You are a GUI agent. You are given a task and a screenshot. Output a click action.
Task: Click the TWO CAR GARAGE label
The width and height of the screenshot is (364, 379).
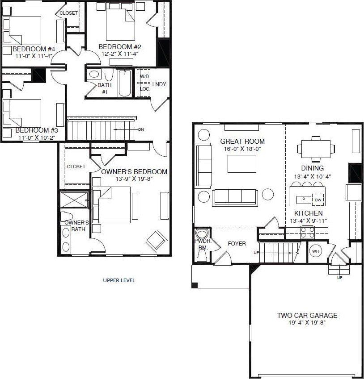(x=307, y=315)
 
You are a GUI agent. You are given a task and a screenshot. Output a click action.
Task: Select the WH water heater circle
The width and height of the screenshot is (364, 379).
(x=315, y=251)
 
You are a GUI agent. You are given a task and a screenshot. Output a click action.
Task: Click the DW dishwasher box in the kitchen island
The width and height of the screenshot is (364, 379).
(x=318, y=200)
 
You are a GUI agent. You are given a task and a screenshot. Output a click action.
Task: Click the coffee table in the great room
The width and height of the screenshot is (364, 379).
(x=241, y=164)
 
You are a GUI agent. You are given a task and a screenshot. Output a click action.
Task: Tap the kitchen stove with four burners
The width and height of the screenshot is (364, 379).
(x=307, y=232)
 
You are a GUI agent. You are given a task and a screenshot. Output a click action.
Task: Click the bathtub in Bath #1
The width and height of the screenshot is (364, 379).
(x=125, y=83)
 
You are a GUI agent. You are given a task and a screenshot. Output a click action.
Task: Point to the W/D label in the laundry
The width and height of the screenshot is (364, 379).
(x=144, y=77)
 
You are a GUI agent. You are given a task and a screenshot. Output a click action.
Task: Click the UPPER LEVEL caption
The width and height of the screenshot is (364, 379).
(x=119, y=280)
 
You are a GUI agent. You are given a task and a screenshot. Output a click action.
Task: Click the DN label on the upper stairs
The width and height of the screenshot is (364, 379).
(x=141, y=129)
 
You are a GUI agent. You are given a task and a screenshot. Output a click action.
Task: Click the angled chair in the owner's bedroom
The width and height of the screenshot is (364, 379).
(x=156, y=240)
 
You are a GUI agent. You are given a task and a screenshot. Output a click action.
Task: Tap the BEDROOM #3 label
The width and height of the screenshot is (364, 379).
(x=37, y=130)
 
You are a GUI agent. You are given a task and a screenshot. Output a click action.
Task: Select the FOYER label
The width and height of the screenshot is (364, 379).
(x=237, y=244)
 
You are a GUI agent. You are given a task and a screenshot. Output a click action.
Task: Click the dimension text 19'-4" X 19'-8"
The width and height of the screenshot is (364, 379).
(x=307, y=323)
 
